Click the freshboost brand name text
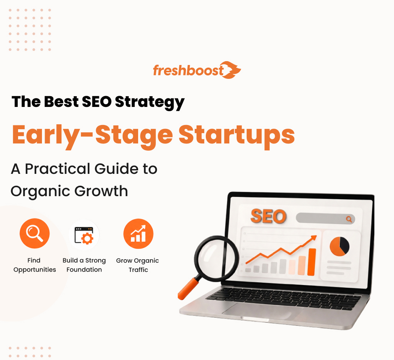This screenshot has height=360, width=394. click(x=188, y=71)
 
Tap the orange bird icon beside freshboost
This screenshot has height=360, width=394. click(x=232, y=70)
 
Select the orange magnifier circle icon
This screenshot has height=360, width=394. click(x=35, y=234)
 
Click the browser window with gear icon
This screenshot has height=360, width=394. click(x=84, y=234)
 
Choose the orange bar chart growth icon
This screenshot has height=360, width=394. click(x=138, y=234)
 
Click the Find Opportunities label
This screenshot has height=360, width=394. click(x=35, y=265)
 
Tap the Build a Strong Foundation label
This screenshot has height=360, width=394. click(x=84, y=265)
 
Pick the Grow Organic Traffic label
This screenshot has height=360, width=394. click(x=138, y=265)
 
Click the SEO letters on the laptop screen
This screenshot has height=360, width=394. click(x=269, y=216)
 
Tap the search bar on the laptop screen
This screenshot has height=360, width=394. click(x=325, y=219)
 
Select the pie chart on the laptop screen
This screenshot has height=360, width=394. click(x=339, y=246)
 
